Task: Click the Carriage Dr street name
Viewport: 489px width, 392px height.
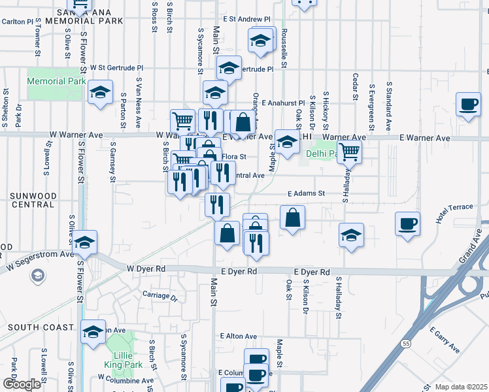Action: tap(160, 295)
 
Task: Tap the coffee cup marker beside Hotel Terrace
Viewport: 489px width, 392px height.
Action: tap(408, 224)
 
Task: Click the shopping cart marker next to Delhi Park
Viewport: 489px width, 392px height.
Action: tap(350, 152)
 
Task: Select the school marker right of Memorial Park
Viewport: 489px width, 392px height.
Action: tap(101, 91)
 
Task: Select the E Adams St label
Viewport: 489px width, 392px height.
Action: tap(307, 193)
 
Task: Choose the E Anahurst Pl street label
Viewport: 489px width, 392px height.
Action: tap(283, 103)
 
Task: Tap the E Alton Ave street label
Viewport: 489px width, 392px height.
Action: tap(240, 335)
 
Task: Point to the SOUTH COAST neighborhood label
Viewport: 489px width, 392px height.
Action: tap(34, 327)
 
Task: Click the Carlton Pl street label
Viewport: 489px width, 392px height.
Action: tap(17, 22)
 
